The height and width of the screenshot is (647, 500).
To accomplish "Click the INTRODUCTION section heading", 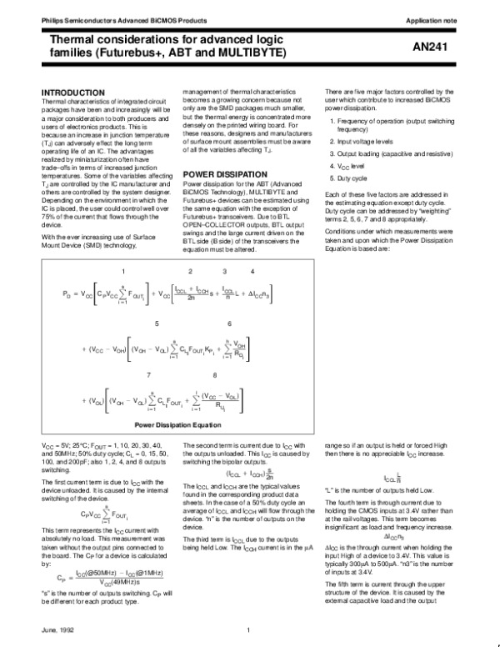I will click(x=73, y=92).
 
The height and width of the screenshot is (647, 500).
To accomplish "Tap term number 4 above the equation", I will click(x=252, y=272).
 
